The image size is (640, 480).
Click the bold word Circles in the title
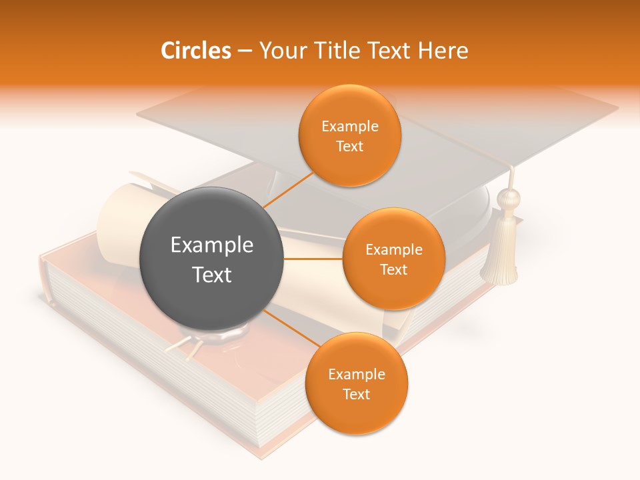(195, 51)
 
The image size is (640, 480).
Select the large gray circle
(211, 259)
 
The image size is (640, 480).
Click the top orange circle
(349, 135)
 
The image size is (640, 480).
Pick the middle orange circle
(393, 259)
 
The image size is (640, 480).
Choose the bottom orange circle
(356, 383)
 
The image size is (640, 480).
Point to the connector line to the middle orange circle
(313, 259)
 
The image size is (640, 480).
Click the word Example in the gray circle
(211, 245)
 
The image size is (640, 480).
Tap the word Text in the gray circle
(211, 275)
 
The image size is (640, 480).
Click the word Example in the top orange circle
(349, 127)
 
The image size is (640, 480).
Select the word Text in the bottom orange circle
(356, 394)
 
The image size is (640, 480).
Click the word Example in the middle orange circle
(393, 250)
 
